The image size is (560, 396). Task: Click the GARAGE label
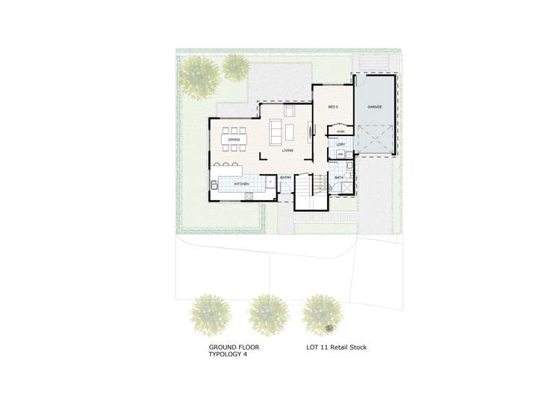(374, 107)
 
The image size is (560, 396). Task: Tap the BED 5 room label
(334, 107)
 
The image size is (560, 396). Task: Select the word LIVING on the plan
(287, 150)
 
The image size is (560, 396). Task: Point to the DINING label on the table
(234, 140)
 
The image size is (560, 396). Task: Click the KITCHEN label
(240, 183)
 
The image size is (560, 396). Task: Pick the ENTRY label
(285, 178)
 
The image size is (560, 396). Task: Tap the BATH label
(339, 178)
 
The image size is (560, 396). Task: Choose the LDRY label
(340, 144)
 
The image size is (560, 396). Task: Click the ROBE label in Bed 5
(340, 132)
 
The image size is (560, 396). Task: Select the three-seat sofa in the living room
(276, 132)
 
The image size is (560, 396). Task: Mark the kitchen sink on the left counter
(215, 183)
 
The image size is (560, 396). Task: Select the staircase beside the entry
(305, 184)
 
